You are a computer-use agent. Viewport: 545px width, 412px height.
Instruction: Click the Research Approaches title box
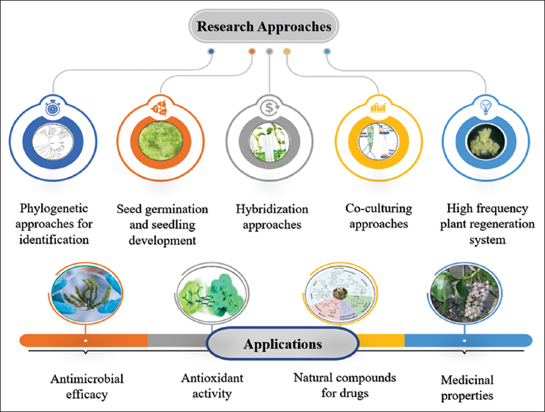(x=264, y=27)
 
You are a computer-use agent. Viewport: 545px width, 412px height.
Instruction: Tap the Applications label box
(x=282, y=345)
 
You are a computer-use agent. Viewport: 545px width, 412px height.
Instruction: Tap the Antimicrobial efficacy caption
(x=82, y=386)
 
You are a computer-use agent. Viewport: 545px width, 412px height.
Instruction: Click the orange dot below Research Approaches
(x=252, y=51)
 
